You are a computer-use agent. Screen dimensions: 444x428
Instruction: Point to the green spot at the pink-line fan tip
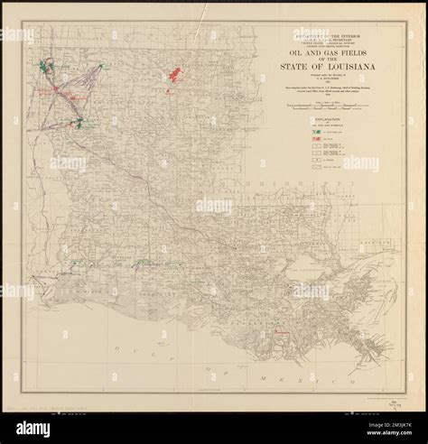[79, 123]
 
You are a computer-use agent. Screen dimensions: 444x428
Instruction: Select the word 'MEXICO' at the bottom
[298, 371]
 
